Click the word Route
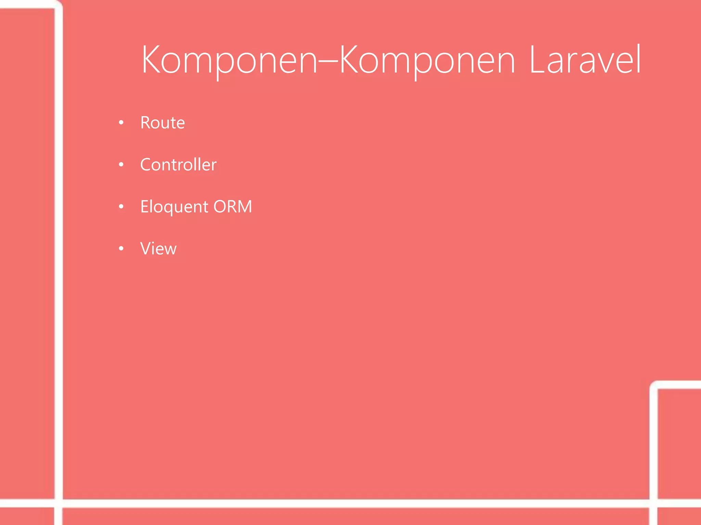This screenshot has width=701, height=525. (x=163, y=123)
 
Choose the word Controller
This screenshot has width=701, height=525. (x=178, y=165)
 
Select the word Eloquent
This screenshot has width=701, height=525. (x=174, y=207)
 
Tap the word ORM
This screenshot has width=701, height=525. (x=233, y=206)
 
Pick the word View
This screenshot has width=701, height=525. (x=158, y=248)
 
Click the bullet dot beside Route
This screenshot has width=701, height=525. (x=121, y=122)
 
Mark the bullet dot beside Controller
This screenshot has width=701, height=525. (x=121, y=165)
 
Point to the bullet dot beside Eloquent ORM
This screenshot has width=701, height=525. (x=121, y=206)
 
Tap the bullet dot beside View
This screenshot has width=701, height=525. (x=121, y=248)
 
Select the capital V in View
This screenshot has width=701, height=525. (x=146, y=248)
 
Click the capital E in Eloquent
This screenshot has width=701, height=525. (x=144, y=206)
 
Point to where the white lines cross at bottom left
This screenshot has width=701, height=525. (x=59, y=503)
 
